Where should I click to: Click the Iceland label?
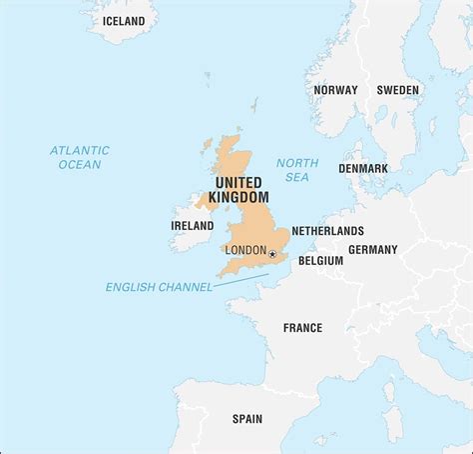pos(116,21)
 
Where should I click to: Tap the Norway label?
pos(335,90)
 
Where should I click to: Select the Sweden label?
pos(397,90)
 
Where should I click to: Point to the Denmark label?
pos(362,168)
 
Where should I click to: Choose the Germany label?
pos(372,249)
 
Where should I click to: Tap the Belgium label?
pos(320,260)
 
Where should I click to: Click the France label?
pos(302,327)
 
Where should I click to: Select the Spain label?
pos(246,419)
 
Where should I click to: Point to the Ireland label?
pos(192,226)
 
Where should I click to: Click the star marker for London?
pos(272,254)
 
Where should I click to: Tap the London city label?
pos(245,250)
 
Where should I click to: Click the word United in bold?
pos(237,183)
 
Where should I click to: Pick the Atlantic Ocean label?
pos(80,157)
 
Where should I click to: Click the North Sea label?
pos(297,170)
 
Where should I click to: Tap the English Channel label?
pos(159,287)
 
